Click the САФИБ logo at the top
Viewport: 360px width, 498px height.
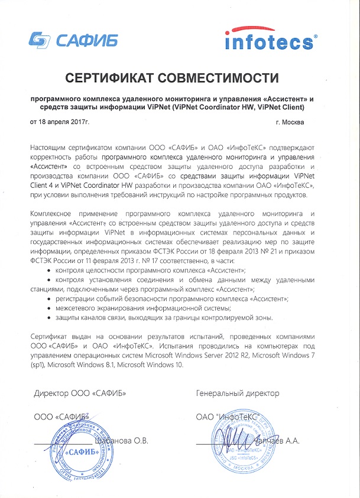73,40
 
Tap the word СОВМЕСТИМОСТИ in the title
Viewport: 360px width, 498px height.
226,77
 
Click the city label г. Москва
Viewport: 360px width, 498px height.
290,122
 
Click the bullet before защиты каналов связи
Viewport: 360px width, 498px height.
48,318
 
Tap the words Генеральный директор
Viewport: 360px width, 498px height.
238,393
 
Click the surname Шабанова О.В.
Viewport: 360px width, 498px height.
121,441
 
